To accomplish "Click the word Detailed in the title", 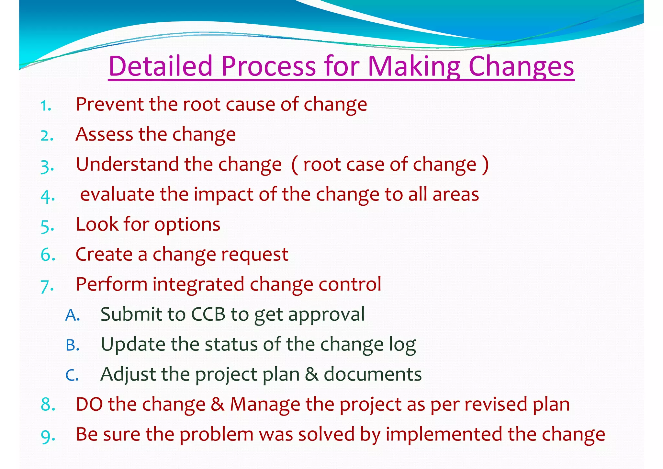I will coord(160,66).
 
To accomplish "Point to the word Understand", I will coord(127,164).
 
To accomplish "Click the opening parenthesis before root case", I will coord(295,165).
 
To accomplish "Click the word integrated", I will coord(198,284).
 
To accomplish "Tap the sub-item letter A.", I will coord(72,315).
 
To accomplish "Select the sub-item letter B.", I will coord(72,345).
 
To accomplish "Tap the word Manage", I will coord(265,405).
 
